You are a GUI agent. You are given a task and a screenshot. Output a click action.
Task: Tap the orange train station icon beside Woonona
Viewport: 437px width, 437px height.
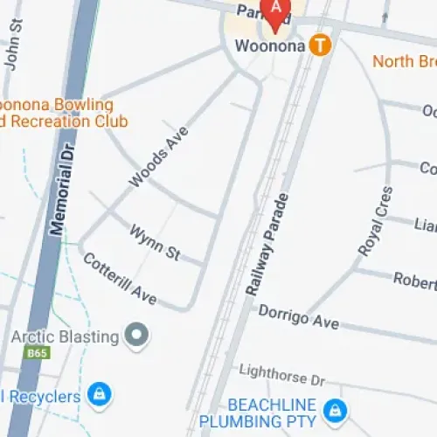(321, 44)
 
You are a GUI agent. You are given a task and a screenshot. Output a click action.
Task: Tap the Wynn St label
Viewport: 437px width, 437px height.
(155, 242)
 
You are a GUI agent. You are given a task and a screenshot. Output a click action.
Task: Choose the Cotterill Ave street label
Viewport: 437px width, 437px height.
(119, 279)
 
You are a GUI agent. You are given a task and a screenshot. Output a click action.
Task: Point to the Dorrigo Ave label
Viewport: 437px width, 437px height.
(297, 316)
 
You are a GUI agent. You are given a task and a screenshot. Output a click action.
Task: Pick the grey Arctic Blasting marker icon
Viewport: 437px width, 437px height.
(136, 335)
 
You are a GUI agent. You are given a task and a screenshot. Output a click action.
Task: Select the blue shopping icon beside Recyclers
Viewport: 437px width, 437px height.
(101, 394)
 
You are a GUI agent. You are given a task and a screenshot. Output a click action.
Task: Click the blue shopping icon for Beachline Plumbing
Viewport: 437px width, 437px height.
(334, 408)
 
